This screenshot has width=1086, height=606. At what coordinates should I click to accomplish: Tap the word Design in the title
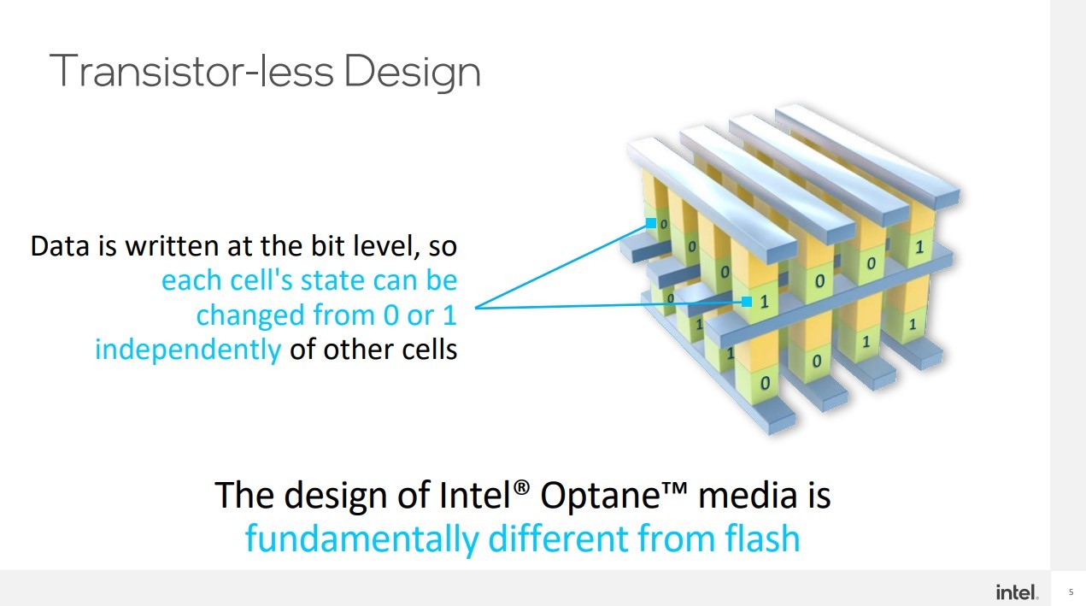(x=413, y=73)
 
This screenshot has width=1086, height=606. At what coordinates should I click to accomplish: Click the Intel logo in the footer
(x=1017, y=592)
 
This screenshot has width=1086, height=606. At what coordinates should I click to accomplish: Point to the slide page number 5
(x=1071, y=592)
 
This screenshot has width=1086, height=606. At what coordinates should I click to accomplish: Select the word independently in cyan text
(x=188, y=349)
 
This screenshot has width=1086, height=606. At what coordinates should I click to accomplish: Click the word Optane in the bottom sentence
(x=600, y=496)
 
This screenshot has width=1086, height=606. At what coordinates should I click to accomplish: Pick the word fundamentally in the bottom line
(x=362, y=539)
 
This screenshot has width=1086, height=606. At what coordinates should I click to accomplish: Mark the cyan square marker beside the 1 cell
(x=747, y=302)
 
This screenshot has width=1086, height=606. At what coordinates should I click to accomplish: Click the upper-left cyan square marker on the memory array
(x=651, y=223)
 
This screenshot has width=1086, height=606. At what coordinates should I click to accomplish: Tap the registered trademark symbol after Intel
(x=521, y=486)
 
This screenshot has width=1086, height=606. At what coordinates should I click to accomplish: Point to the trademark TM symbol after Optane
(x=674, y=486)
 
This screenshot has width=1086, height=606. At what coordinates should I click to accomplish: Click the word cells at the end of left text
(x=430, y=349)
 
